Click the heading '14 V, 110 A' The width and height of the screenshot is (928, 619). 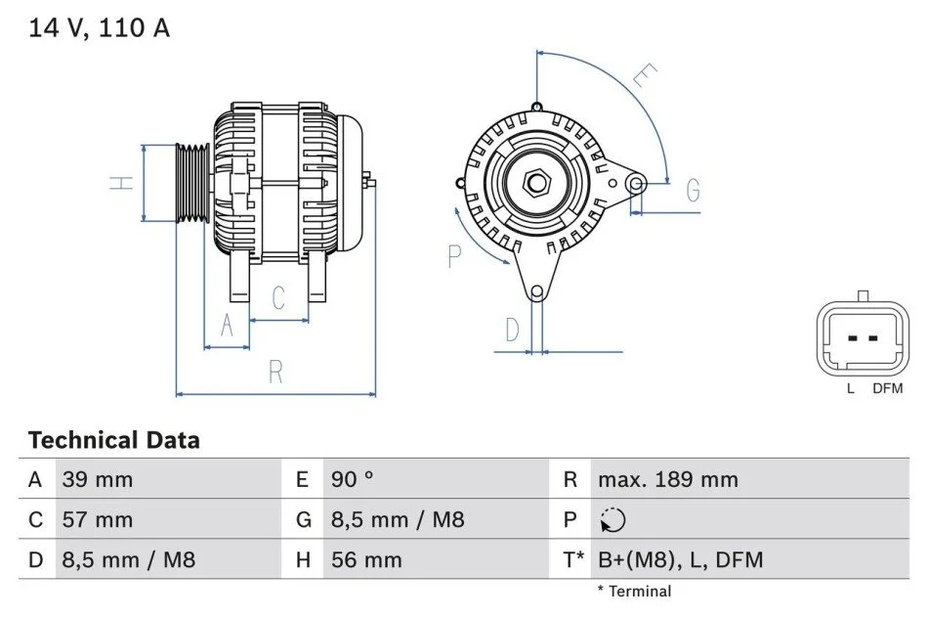(100, 28)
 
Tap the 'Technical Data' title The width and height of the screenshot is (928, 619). (114, 440)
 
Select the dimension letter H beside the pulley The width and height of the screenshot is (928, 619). (122, 183)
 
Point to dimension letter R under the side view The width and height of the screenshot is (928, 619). (275, 372)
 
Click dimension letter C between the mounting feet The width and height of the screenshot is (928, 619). (278, 298)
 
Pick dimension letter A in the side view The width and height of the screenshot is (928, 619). (227, 326)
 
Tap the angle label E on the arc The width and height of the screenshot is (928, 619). (645, 75)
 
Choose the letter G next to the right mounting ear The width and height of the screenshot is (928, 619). (693, 190)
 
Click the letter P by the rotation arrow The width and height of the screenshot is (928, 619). (454, 256)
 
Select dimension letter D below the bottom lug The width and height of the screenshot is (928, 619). (513, 330)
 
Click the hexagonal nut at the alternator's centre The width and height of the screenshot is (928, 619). (537, 183)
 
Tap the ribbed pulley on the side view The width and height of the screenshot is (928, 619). (193, 183)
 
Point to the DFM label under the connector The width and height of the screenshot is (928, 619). (888, 388)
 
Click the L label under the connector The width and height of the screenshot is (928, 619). (851, 388)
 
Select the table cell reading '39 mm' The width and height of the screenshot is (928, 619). (98, 479)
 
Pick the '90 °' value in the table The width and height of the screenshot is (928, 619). (353, 479)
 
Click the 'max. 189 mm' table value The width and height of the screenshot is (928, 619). (668, 479)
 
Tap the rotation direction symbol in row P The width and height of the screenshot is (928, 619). (612, 520)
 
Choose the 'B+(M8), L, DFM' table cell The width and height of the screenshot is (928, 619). (681, 559)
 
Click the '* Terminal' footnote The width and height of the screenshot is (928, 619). (634, 592)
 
